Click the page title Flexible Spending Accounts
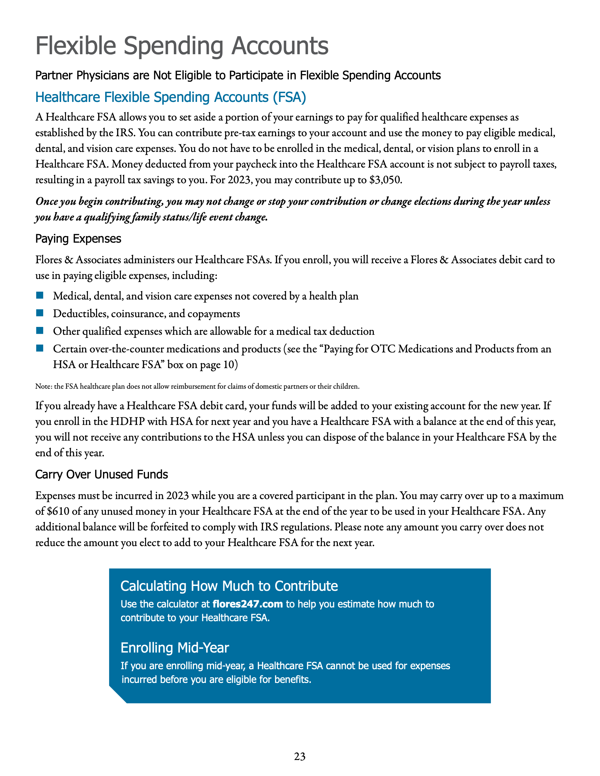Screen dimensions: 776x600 (182, 46)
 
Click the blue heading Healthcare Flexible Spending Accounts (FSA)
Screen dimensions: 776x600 (171, 97)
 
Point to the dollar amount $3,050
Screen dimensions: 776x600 (385, 180)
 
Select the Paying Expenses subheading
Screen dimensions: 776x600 (78, 239)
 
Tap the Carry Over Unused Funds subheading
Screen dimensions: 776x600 (101, 474)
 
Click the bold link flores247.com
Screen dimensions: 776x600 (247, 604)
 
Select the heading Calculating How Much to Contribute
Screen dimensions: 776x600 (229, 586)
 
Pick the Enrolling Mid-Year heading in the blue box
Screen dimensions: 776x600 (175, 648)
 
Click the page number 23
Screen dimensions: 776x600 (300, 756)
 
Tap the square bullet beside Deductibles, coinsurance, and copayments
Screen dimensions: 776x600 (40, 313)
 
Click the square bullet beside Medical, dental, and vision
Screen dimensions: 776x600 (40, 295)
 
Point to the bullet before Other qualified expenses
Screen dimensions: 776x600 (40, 331)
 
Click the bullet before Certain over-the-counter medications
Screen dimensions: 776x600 (40, 348)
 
